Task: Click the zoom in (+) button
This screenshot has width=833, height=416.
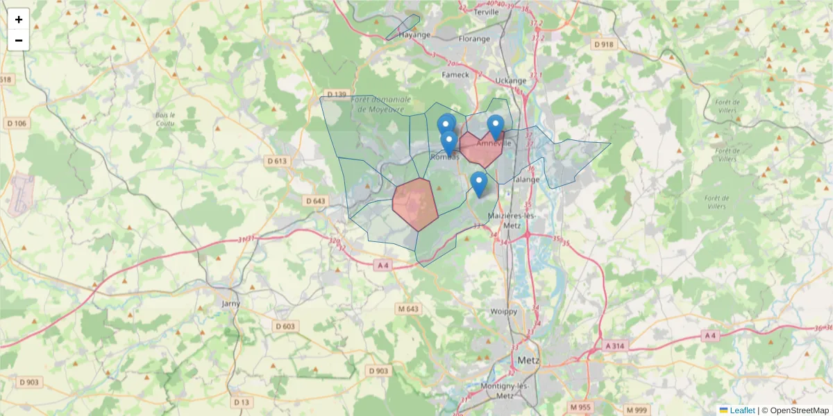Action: click(19, 19)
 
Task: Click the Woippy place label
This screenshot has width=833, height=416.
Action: click(504, 311)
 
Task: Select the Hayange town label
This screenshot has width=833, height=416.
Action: click(414, 34)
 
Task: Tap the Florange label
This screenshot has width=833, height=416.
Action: click(474, 39)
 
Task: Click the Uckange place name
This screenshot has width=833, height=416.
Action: click(511, 80)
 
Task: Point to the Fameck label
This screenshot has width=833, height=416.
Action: click(456, 74)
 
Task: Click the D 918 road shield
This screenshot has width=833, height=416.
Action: click(604, 44)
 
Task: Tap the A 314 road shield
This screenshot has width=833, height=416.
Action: click(615, 345)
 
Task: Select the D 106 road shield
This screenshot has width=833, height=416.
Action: click(19, 123)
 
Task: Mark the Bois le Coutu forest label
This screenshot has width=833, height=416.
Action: click(166, 119)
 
